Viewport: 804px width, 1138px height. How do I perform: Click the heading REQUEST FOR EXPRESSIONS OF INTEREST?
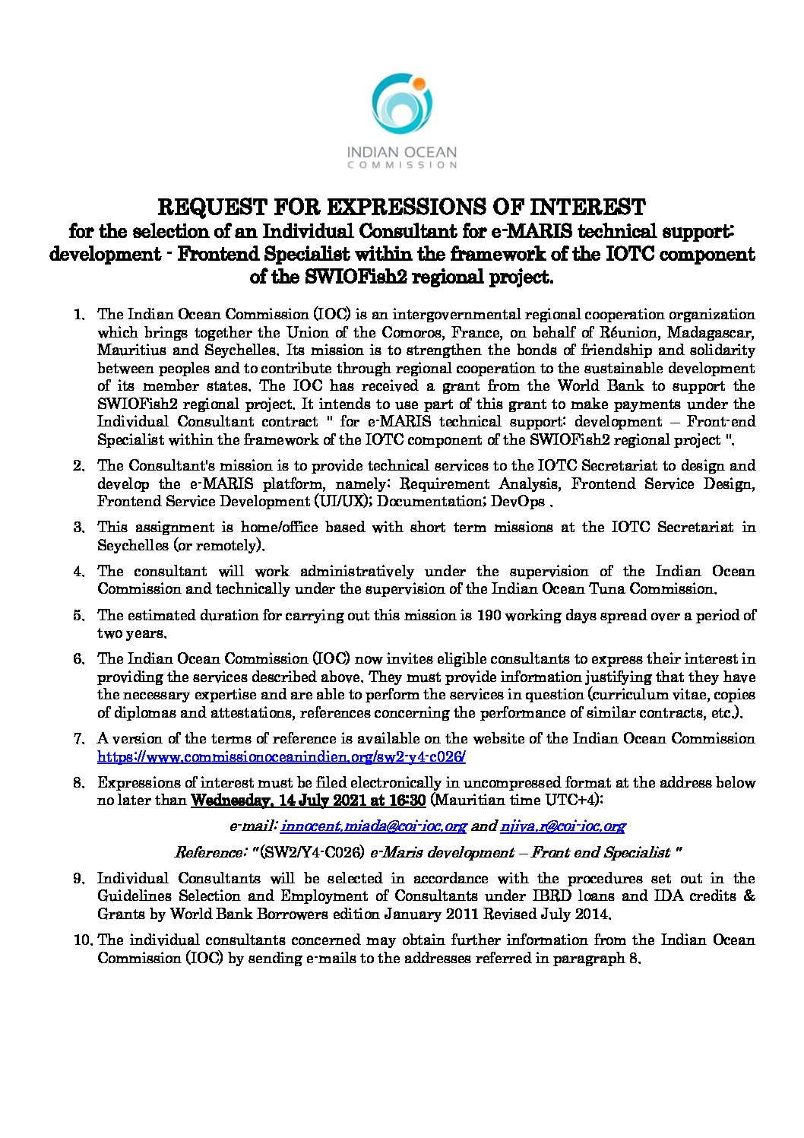(401, 207)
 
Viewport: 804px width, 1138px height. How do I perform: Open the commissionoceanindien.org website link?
(281, 757)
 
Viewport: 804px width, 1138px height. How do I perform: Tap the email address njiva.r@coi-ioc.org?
(562, 826)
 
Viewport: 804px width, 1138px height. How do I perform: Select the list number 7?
(78, 739)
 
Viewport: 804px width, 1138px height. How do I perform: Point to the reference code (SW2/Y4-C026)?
(312, 852)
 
